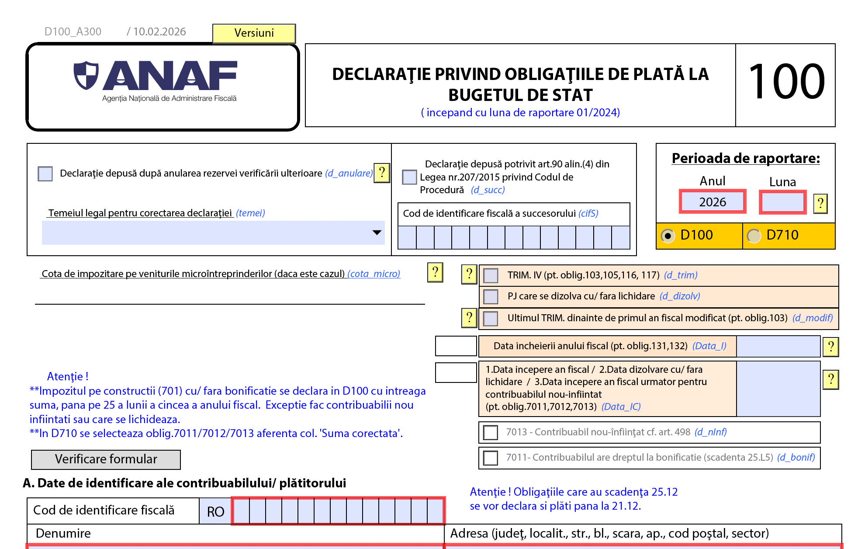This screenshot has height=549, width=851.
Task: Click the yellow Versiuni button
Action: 254,33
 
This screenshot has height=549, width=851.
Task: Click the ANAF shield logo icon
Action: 86,75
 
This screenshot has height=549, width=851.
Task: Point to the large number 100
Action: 786,82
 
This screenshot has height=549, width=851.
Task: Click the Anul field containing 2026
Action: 712,202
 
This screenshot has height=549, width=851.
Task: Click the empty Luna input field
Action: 782,202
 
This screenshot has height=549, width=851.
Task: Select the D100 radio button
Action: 667,236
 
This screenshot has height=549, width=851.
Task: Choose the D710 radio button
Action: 753,236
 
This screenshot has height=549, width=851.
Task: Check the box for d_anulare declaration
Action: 45,174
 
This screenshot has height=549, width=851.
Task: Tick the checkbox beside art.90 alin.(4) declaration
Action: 409,177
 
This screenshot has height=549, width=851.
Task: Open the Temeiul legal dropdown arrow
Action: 377,233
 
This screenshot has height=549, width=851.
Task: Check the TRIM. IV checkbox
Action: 491,275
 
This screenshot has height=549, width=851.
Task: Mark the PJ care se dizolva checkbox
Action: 491,296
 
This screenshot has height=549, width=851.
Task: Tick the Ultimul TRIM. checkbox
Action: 491,318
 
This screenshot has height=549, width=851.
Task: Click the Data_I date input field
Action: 778,346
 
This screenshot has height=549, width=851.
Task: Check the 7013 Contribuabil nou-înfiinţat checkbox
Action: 491,432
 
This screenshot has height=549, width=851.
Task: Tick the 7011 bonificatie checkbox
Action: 491,458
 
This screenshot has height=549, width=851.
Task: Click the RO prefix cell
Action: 215,511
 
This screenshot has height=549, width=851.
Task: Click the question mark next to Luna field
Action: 820,203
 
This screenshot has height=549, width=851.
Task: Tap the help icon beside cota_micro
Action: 435,272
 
